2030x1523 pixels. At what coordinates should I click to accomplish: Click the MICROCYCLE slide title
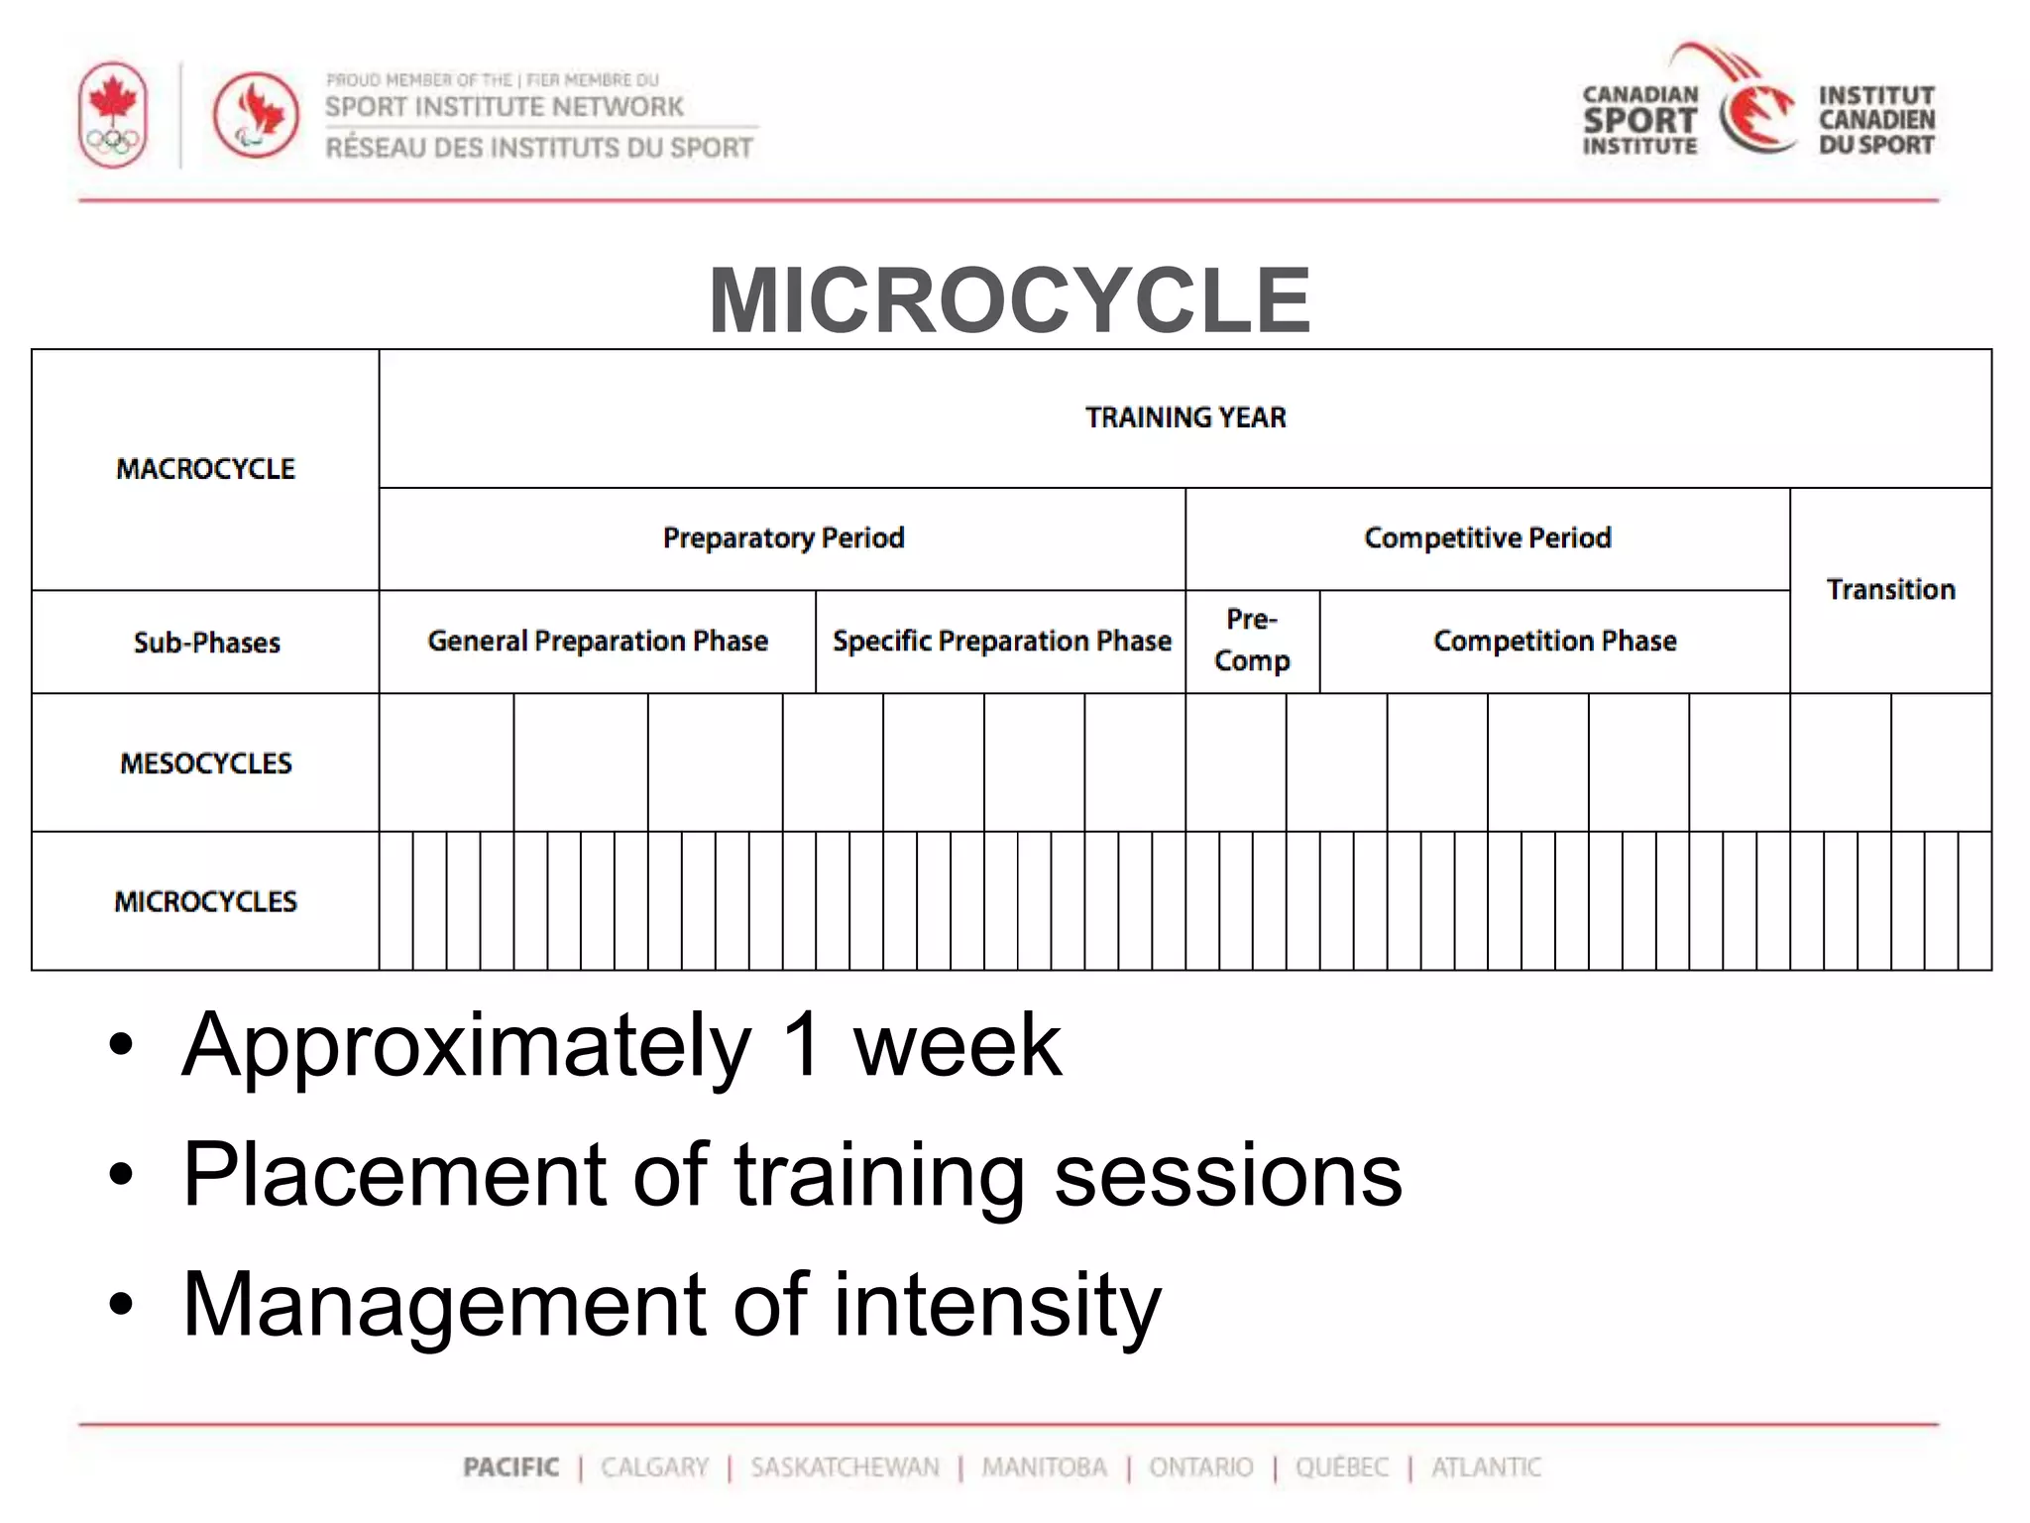[x=1009, y=300]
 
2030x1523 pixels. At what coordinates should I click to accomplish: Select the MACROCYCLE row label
[x=205, y=469]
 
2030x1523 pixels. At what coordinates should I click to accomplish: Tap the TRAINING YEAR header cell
[x=1185, y=417]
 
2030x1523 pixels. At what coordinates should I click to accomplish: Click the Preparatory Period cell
[x=783, y=538]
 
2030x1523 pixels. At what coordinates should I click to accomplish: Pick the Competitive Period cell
[x=1487, y=538]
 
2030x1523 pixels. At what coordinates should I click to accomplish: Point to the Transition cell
[x=1890, y=590]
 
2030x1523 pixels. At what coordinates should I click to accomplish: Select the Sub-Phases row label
[x=206, y=643]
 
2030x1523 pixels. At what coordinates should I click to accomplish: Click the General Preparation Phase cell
[x=598, y=642]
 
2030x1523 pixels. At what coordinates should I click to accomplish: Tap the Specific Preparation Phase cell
[x=1001, y=642]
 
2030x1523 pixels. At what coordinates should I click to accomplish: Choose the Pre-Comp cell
[x=1252, y=641]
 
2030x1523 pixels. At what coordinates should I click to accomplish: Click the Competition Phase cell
[x=1554, y=642]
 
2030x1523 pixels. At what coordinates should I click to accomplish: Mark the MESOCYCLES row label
[x=205, y=763]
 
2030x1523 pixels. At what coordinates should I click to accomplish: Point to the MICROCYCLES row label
[x=205, y=901]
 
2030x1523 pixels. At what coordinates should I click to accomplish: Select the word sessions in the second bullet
[x=1228, y=1175]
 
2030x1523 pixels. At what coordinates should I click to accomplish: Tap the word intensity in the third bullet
[x=996, y=1306]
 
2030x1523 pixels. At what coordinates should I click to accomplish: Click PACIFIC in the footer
[x=510, y=1467]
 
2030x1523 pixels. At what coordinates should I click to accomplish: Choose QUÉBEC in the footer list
[x=1342, y=1467]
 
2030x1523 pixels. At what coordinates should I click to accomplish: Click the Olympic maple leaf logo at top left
[x=113, y=115]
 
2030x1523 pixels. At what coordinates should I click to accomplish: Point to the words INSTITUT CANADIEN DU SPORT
[x=1875, y=120]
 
